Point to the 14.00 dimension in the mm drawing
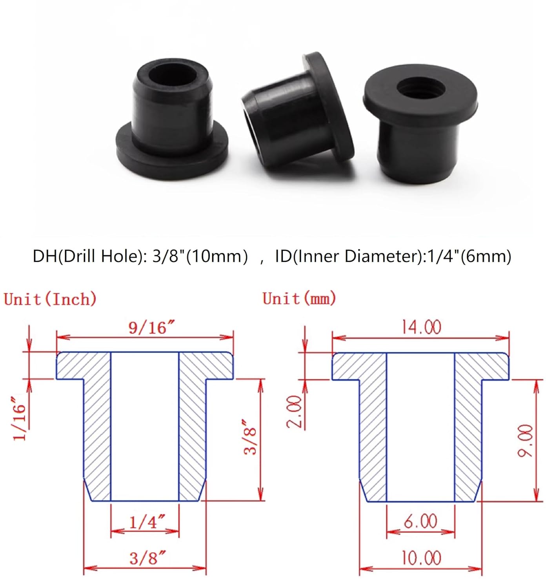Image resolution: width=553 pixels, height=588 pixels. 421,327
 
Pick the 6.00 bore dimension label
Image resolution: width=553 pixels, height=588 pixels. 420,521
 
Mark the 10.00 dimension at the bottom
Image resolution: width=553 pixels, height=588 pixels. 421,558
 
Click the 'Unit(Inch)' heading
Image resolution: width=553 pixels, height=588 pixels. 50,299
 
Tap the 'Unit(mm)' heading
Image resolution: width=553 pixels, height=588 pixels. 299,299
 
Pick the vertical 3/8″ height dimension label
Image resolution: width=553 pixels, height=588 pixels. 250,437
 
